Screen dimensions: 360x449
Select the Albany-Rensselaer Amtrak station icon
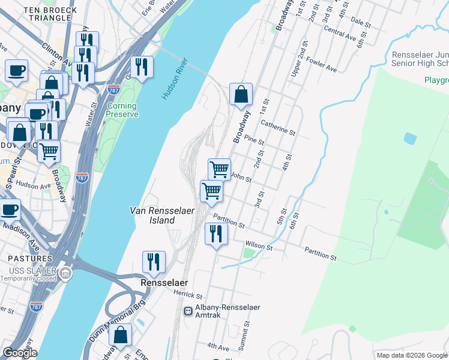pyautogui.click(x=188, y=311)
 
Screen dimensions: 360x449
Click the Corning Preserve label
pyautogui.click(x=122, y=110)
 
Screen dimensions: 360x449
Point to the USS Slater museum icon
pyautogui.click(x=65, y=275)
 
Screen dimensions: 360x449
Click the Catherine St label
pyautogui.click(x=279, y=127)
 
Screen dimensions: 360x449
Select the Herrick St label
pyautogui.click(x=188, y=295)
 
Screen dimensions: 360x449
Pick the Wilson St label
pyautogui.click(x=259, y=247)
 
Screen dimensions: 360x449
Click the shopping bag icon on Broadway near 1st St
pyautogui.click(x=241, y=95)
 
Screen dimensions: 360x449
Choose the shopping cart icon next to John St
pyautogui.click(x=219, y=169)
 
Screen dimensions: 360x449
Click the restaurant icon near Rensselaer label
pyautogui.click(x=154, y=262)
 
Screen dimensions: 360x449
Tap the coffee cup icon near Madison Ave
pyautogui.click(x=9, y=210)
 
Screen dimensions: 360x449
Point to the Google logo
pyautogui.click(x=19, y=353)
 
